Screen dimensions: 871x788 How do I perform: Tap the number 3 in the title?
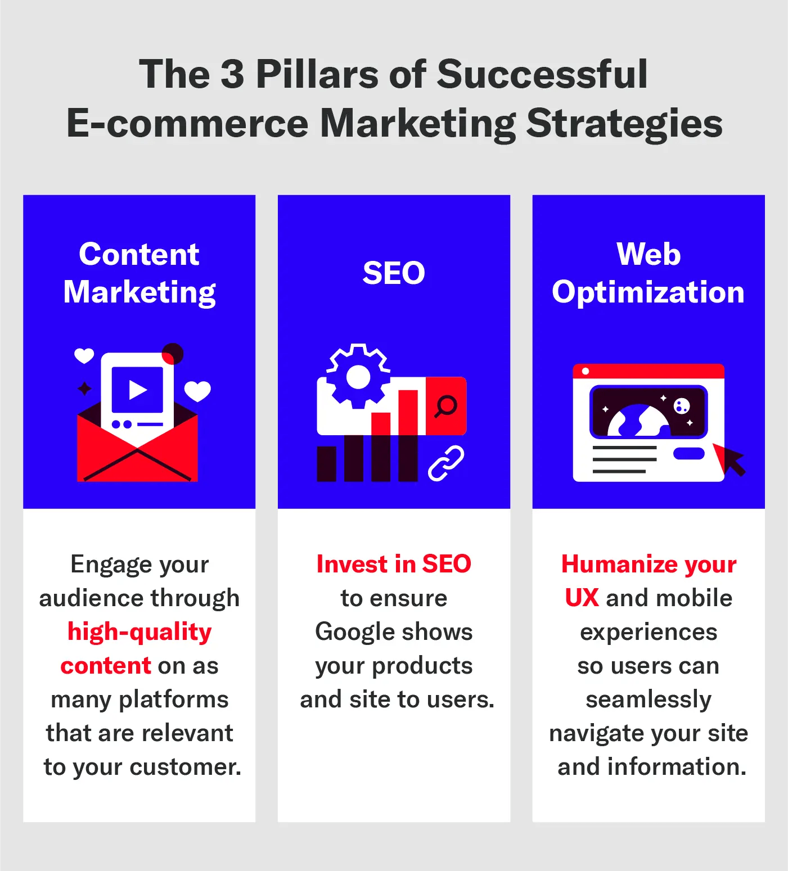pos(232,74)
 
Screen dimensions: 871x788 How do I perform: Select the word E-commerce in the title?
pos(187,124)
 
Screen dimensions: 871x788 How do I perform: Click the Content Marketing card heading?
pos(139,273)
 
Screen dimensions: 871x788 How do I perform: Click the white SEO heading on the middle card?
pos(394,273)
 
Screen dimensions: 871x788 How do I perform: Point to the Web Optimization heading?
pos(648,273)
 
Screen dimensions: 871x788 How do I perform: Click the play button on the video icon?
pos(137,390)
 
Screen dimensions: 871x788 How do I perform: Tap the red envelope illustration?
pos(137,455)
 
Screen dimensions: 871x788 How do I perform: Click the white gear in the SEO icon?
pos(358,376)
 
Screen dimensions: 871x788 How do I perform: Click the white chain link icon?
pos(446,463)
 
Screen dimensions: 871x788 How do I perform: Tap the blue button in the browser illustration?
pos(689,453)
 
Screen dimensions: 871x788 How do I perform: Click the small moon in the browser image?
pos(682,405)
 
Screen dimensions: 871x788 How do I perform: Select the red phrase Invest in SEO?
pos(394,564)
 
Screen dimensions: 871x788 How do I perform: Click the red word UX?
pos(582,598)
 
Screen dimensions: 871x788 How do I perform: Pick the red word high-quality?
pos(139,632)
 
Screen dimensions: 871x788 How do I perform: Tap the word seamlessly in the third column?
pos(648,699)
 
